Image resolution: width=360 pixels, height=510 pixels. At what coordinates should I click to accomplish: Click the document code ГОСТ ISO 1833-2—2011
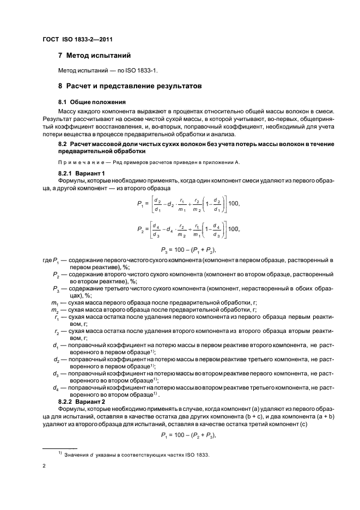tap(77, 39)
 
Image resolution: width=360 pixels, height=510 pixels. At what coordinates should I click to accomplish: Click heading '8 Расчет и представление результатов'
tap(130, 86)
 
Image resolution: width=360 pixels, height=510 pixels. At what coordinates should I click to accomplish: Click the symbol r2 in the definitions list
tap(56, 331)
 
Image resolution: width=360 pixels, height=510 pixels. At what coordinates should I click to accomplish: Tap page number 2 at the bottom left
tap(44, 466)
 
